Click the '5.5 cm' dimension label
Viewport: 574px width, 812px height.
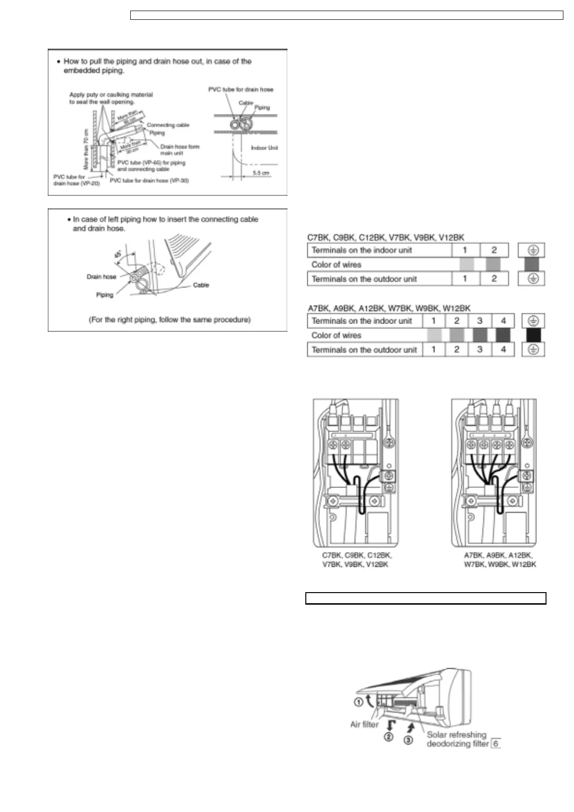coord(261,173)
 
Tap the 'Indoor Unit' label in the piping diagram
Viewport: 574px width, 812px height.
coord(264,148)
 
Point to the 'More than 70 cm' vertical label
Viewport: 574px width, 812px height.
coord(86,149)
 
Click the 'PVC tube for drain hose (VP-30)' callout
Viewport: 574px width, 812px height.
coord(149,180)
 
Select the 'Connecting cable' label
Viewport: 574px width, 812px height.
coord(168,125)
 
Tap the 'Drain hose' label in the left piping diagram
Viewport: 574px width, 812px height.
coord(101,277)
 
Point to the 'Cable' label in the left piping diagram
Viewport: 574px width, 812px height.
coord(201,285)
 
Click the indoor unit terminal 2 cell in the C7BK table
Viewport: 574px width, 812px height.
coord(494,250)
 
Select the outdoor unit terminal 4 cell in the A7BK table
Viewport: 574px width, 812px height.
coord(503,350)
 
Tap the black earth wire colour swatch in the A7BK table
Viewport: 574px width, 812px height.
coord(533,335)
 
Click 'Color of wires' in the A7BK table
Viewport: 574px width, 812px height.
coord(336,335)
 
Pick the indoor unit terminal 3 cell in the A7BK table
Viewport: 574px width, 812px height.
coord(479,321)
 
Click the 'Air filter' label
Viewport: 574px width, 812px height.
coord(364,724)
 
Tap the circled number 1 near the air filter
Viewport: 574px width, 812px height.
coord(358,702)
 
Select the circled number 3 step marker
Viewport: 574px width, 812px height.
coord(408,740)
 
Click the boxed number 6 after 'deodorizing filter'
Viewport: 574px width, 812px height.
coord(496,744)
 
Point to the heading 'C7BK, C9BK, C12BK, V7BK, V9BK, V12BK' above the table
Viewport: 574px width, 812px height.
coord(386,237)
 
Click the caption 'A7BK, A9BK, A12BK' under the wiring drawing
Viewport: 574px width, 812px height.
coord(498,555)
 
